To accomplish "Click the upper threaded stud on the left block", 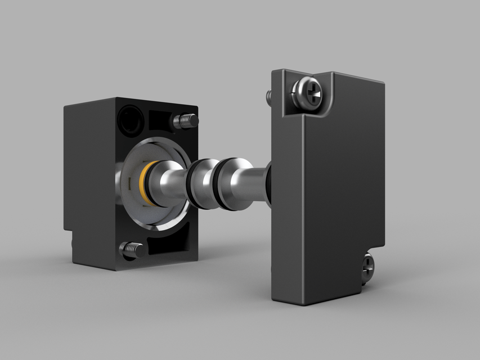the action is pos(186,120).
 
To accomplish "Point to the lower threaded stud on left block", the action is pos(130,249).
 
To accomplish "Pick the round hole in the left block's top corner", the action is pos(130,119).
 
